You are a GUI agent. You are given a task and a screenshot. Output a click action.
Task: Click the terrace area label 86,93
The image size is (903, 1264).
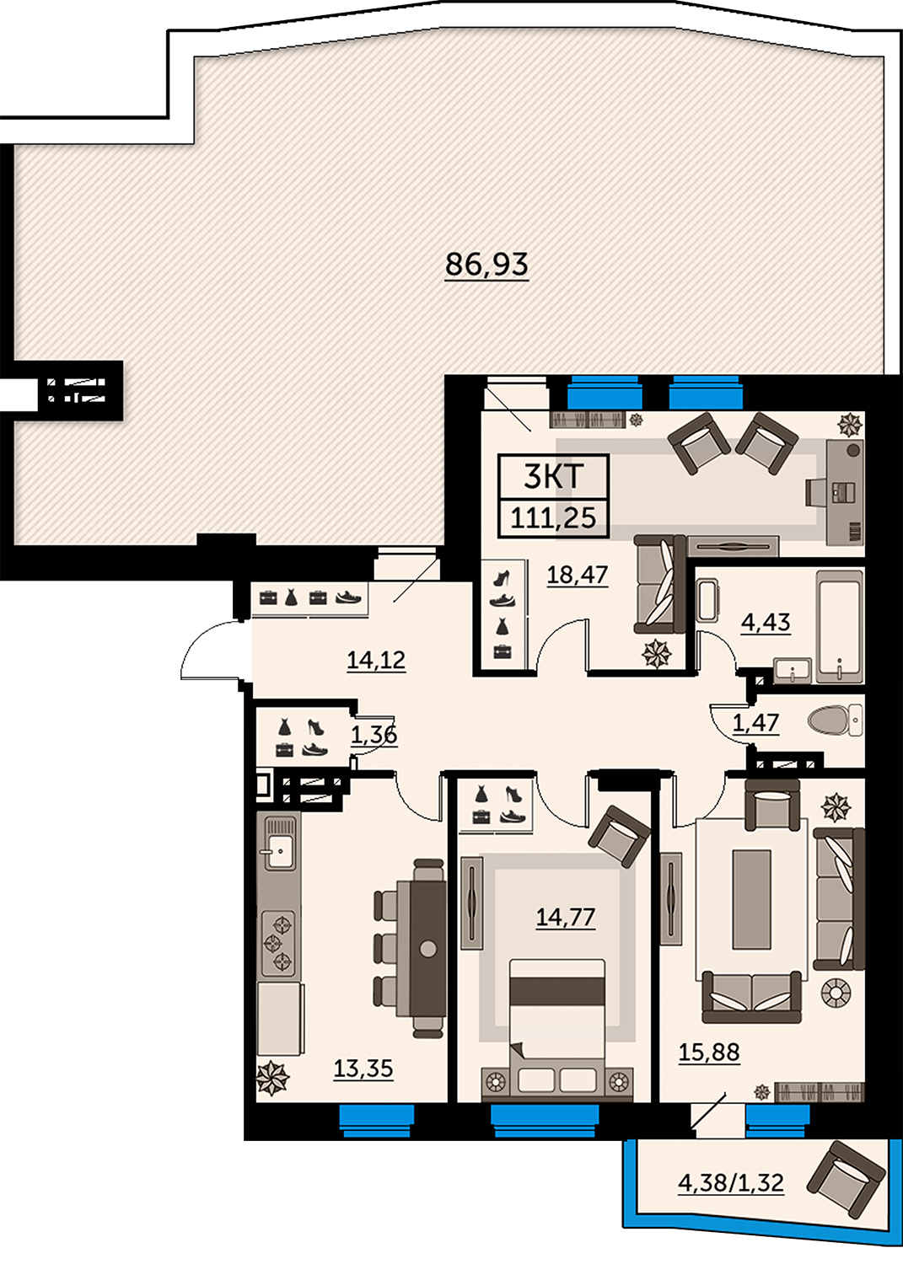pyautogui.click(x=486, y=265)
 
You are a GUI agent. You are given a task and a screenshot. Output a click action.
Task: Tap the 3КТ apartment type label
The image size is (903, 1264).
pyautogui.click(x=553, y=477)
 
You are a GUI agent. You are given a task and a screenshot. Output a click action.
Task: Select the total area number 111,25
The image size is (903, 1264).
pyautogui.click(x=553, y=517)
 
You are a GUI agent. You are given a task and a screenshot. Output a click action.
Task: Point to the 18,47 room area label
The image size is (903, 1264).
pyautogui.click(x=578, y=575)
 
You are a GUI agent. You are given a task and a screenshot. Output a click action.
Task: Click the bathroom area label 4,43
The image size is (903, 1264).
pyautogui.click(x=766, y=623)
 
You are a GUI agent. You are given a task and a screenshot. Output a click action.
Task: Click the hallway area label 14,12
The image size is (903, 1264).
pyautogui.click(x=376, y=660)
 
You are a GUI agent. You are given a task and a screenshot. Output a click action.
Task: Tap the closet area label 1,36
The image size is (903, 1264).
pyautogui.click(x=374, y=735)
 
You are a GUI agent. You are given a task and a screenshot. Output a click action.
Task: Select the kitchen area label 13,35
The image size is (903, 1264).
pyautogui.click(x=363, y=1069)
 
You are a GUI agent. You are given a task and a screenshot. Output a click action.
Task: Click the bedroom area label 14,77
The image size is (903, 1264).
pyautogui.click(x=565, y=917)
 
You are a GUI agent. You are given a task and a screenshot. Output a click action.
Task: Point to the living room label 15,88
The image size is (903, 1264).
pyautogui.click(x=709, y=1052)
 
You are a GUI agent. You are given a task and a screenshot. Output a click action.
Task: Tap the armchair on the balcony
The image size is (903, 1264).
pyautogui.click(x=846, y=1179)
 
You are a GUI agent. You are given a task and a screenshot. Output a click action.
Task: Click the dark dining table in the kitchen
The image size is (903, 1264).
pyautogui.click(x=428, y=948)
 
